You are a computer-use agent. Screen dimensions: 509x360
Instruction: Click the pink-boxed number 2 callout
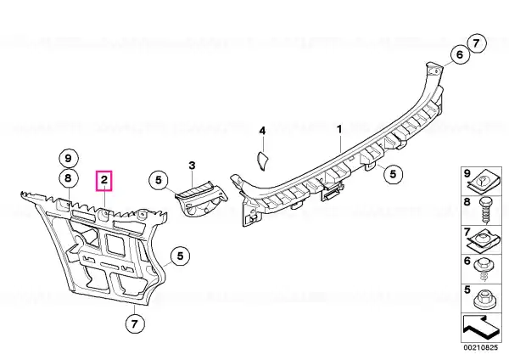[x=103, y=180]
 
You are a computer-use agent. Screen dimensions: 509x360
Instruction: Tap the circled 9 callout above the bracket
[x=68, y=158]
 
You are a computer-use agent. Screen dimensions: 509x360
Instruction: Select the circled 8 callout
[x=68, y=178]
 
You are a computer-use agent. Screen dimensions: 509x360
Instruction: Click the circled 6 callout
[x=460, y=54]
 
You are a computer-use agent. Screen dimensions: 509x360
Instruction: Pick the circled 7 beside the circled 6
[x=476, y=43]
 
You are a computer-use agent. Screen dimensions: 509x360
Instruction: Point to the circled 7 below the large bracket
[x=134, y=323]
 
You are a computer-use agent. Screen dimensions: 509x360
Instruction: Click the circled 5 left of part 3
[x=159, y=180]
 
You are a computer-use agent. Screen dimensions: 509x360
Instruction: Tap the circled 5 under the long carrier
[x=393, y=174]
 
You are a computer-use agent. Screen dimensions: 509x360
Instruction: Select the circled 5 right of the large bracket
[x=181, y=256]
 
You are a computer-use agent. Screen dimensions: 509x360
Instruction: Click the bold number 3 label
[x=193, y=166]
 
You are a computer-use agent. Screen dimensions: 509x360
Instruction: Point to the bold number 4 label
[x=262, y=131]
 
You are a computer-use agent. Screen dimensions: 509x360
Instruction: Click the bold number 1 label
[x=339, y=129]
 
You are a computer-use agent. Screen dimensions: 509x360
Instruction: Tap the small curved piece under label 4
[x=262, y=160]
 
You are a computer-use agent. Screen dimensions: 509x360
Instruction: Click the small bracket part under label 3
[x=201, y=199]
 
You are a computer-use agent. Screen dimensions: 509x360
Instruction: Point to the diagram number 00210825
[x=480, y=347]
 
